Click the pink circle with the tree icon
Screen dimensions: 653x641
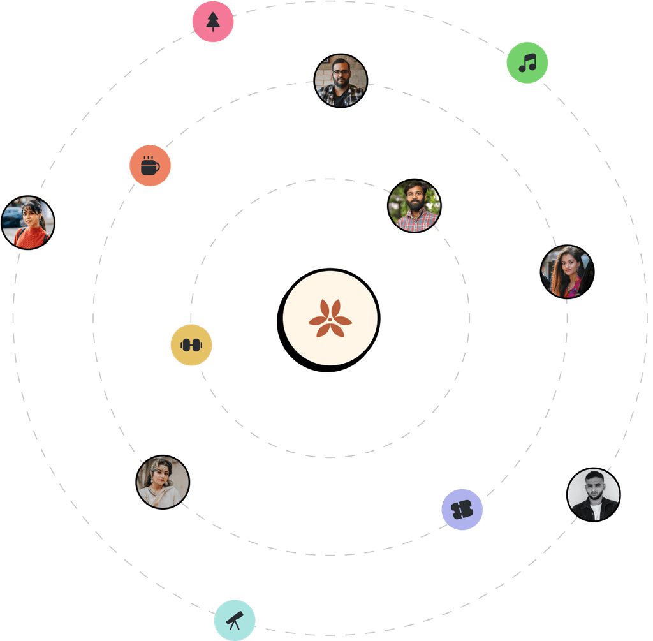coord(213,22)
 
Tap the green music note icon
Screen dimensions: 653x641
coord(527,63)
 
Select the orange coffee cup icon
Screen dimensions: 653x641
coord(150,166)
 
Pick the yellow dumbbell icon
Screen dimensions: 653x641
coord(191,345)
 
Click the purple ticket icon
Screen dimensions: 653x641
coord(462,509)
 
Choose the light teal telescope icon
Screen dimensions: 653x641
coord(235,620)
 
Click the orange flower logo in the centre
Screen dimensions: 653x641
coord(330,319)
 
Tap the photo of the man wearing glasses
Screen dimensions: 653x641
coord(341,80)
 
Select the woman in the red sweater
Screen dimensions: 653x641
coord(29,223)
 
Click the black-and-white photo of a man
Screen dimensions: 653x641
coord(594,494)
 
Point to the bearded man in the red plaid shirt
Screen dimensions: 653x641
coord(415,205)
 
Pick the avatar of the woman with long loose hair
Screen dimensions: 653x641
coord(567,272)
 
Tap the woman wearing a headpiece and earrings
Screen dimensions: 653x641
coord(163,482)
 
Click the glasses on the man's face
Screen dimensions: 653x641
coord(341,72)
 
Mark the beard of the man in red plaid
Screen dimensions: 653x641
coord(416,205)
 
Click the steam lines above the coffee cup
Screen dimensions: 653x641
coord(149,157)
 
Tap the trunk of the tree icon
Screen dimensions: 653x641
coord(213,29)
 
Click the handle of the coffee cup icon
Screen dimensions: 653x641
coord(158,168)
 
